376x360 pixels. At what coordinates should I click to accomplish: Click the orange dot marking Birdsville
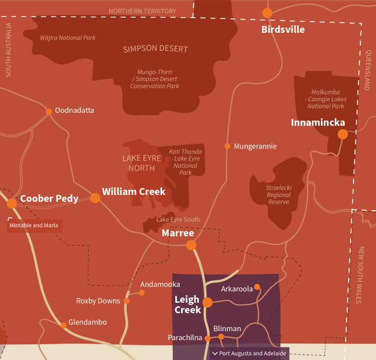pos(267,13)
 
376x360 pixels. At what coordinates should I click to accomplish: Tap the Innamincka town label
pos(318,122)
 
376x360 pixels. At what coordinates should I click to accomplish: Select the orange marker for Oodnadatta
pos(48,112)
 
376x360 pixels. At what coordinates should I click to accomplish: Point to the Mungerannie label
pos(255,146)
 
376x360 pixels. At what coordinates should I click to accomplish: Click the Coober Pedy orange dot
pos(12,203)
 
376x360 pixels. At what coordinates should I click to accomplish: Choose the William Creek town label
pos(134,191)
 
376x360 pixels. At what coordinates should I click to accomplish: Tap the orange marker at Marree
pos(191,245)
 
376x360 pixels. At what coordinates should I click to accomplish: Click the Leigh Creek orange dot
pos(208,302)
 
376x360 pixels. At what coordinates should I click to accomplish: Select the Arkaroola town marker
pos(257,287)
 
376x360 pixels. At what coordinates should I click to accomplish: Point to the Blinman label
pos(227,329)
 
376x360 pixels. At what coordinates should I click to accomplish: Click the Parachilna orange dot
pos(208,338)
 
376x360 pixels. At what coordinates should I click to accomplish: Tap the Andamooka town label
pos(160,284)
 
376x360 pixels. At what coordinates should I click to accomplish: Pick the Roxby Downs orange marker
pos(126,301)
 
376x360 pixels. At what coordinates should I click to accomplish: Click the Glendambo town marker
pos(63,325)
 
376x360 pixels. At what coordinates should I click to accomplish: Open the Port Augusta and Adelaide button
pos(249,353)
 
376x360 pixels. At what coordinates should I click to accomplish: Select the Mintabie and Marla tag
pos(34,225)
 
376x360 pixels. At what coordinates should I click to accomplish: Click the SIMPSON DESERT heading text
pos(156,49)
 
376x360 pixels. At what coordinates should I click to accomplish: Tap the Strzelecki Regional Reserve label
pos(278,194)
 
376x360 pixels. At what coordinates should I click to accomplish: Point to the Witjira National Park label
pos(68,38)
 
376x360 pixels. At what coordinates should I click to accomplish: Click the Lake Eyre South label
pos(178,220)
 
